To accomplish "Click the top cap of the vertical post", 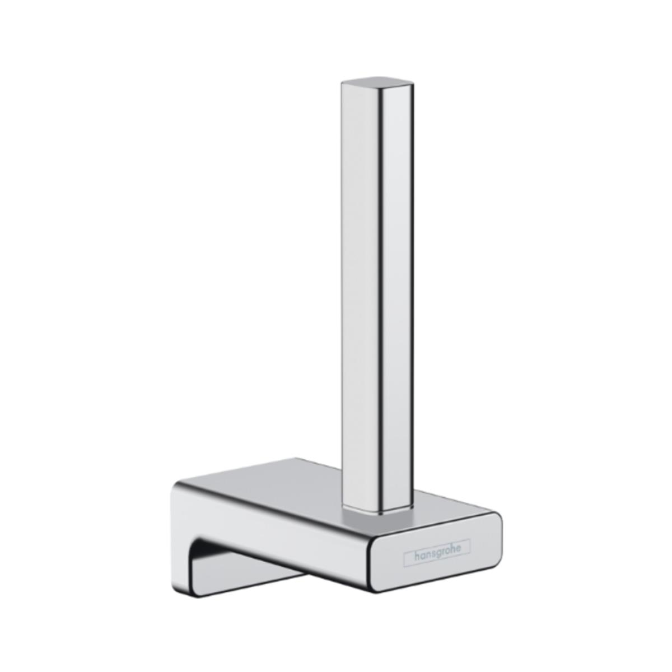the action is click(377, 81).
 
